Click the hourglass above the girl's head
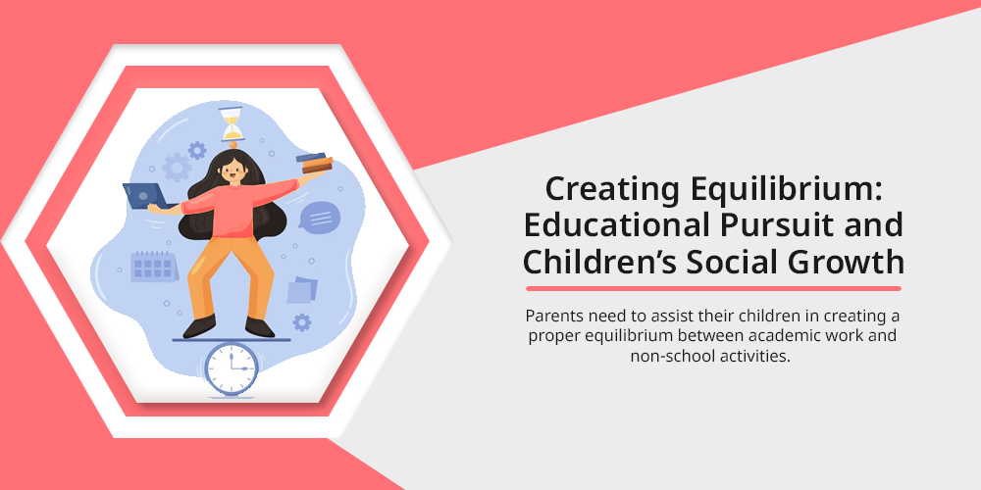(232, 123)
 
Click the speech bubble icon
(320, 219)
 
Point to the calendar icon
(153, 267)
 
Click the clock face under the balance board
(232, 367)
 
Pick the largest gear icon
(177, 168)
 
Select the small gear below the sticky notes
(302, 322)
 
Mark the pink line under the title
(713, 289)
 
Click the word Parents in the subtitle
(550, 315)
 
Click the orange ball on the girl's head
(232, 145)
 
